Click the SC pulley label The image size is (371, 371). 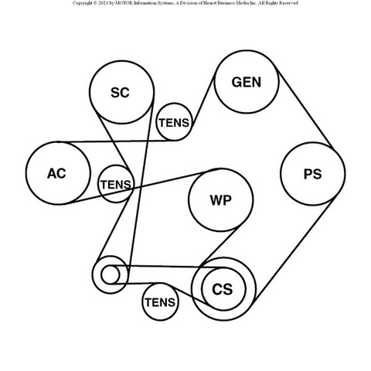pos(120,93)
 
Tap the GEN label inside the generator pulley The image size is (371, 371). pos(247,82)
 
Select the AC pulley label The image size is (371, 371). pos(56,173)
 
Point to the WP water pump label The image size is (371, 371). pos(220,200)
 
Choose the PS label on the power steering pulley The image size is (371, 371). pos(313,174)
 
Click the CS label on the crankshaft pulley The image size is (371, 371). pos(223,289)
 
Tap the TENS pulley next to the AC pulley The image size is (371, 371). pos(116,184)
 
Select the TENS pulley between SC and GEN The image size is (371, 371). pos(175,122)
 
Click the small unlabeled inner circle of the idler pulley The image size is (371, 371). pos(111,274)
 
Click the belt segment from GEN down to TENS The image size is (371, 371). pos(203,100)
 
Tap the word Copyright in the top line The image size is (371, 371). pos(82,3)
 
